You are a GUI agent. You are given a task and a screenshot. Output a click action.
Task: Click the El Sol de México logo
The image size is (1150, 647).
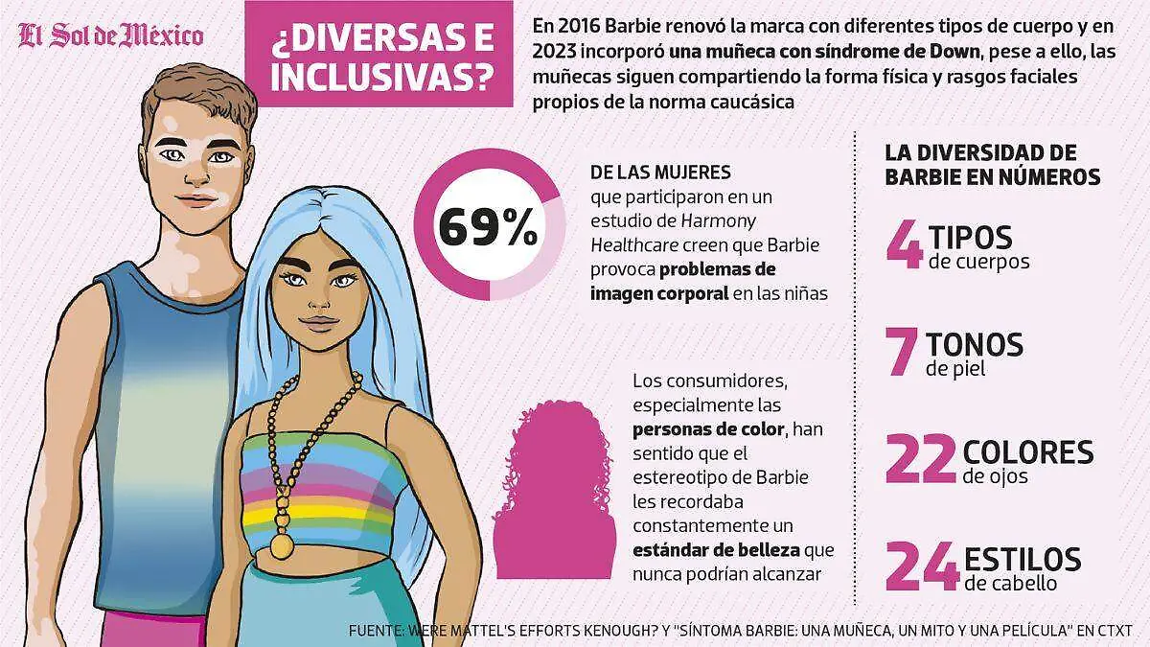click(111, 36)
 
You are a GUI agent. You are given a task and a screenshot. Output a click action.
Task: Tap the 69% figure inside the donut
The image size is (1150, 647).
click(488, 227)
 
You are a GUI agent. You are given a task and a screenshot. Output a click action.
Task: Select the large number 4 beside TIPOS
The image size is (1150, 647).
click(904, 243)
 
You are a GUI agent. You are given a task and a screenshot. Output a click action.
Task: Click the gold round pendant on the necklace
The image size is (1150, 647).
click(282, 545)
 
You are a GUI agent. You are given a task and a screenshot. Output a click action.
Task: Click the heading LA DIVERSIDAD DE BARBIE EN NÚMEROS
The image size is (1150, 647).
click(992, 165)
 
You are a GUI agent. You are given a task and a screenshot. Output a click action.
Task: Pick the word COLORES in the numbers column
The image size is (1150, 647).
click(1028, 451)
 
